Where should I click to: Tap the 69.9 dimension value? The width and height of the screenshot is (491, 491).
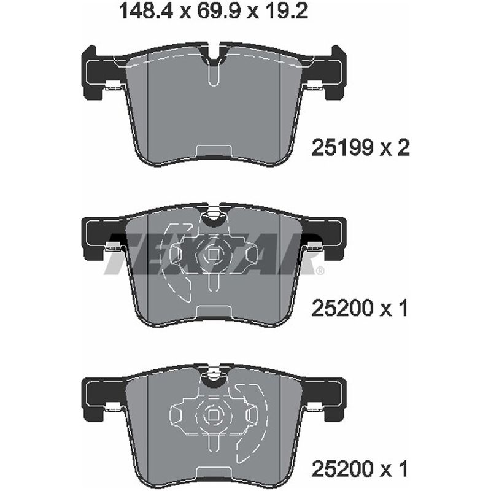pos(215,11)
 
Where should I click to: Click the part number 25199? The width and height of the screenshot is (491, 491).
pos(342,147)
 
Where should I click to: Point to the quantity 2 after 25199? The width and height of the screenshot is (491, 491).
pos(403,147)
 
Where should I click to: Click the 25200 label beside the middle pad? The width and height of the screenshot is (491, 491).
pos(342,309)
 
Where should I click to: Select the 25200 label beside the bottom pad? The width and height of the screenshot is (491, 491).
pos(342,470)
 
